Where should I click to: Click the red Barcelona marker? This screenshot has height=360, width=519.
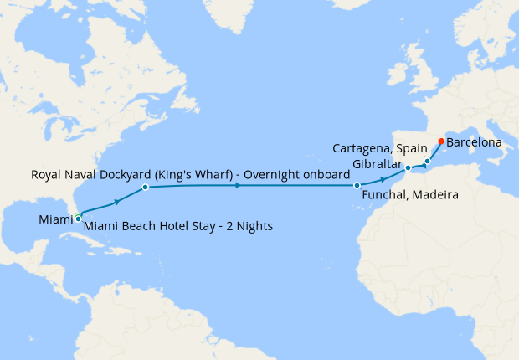441,141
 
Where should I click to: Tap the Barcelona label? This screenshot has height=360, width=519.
475,142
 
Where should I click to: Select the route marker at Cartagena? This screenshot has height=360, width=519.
427,161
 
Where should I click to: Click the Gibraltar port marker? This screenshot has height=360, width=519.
408,168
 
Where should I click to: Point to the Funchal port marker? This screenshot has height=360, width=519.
357,185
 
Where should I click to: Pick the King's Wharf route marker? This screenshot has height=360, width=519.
145,187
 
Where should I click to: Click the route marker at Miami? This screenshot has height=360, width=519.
78,218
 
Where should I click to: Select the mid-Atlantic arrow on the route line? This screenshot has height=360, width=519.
239,185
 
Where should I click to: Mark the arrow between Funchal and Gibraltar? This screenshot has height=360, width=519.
383,179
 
